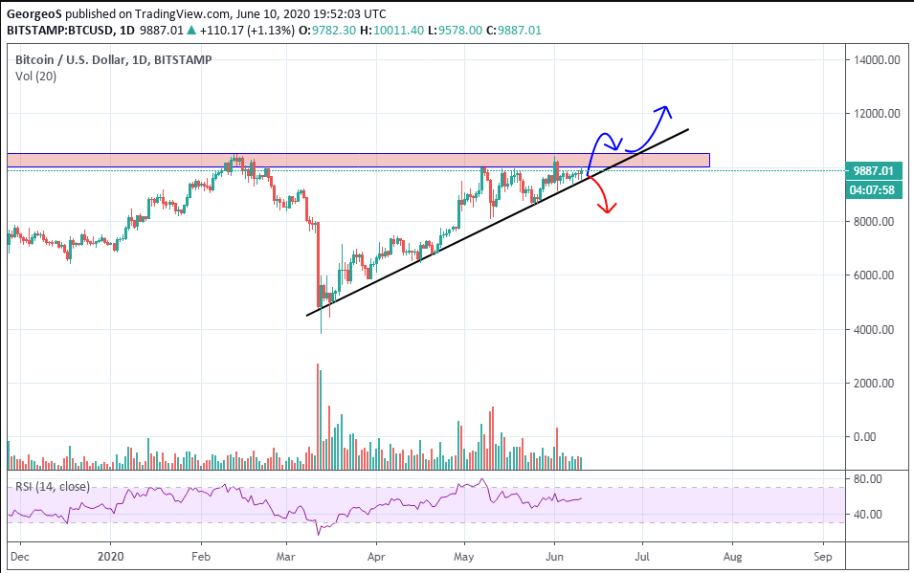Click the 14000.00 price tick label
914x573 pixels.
tap(879, 59)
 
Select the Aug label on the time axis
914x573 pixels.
tap(732, 555)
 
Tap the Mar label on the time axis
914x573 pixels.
tap(286, 555)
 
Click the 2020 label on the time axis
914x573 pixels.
tap(111, 555)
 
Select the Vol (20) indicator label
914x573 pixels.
tap(36, 77)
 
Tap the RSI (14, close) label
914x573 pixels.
tap(53, 487)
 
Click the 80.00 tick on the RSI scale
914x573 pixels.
tap(867, 478)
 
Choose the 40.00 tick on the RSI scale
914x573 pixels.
tap(867, 515)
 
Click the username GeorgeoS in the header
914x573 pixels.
tap(35, 14)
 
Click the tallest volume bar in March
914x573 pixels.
tap(317, 416)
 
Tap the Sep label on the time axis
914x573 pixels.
tap(821, 555)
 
